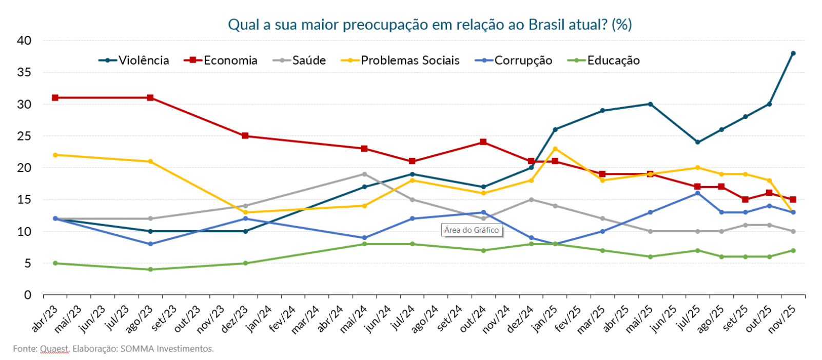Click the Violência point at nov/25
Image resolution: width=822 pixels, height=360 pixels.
pyautogui.click(x=793, y=53)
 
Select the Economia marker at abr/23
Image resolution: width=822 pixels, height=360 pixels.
pyautogui.click(x=55, y=97)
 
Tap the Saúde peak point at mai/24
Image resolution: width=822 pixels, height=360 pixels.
pyautogui.click(x=364, y=174)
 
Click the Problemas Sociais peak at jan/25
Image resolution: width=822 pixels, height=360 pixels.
pyautogui.click(x=555, y=149)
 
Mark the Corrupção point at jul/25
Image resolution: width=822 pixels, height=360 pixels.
pyautogui.click(x=697, y=193)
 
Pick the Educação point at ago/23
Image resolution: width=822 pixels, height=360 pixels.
pyautogui.click(x=150, y=269)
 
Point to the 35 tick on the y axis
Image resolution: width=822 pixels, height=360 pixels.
pyautogui.click(x=24, y=72)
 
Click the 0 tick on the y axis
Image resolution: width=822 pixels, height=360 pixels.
pyautogui.click(x=28, y=295)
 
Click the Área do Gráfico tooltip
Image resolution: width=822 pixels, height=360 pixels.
pyautogui.click(x=472, y=230)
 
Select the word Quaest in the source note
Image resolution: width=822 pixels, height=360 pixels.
pyautogui.click(x=54, y=349)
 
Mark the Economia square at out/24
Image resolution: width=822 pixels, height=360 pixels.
pyautogui.click(x=483, y=142)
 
